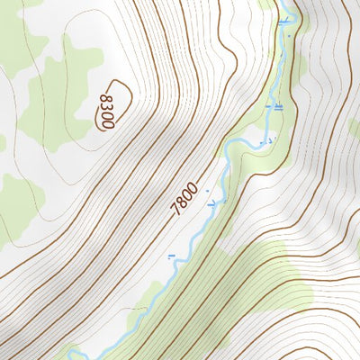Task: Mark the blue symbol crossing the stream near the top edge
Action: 287,17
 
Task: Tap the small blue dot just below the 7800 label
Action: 207,192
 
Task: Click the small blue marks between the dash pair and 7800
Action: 265,141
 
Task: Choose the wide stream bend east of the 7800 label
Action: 232,151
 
